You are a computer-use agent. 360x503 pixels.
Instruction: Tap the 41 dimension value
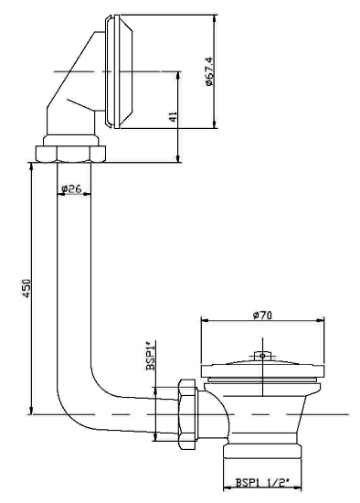173,117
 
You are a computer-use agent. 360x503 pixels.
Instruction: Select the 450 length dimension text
26,288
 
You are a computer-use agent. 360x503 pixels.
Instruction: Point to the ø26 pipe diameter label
71,188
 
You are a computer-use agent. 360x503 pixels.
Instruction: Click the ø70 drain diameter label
262,316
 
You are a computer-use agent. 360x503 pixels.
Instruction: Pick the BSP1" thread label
151,356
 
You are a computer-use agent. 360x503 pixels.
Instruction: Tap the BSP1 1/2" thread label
262,483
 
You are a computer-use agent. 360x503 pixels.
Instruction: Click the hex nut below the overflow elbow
70,154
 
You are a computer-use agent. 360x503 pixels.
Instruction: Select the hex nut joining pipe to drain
188,413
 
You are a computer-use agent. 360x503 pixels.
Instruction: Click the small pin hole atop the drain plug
262,356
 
